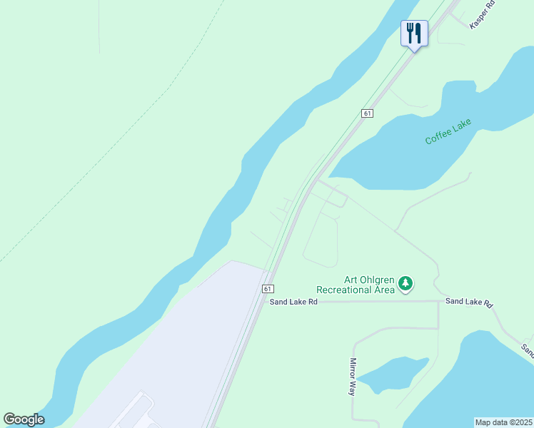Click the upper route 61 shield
(367, 113)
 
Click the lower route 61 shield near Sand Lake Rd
(268, 289)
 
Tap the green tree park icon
(405, 284)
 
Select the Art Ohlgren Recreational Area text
(356, 285)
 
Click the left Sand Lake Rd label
(293, 302)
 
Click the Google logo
(24, 419)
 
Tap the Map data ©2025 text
(504, 422)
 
